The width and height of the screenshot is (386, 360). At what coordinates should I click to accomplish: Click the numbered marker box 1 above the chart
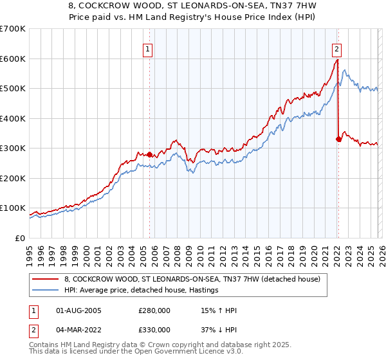148,48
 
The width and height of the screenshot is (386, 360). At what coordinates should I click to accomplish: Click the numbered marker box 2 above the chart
336,48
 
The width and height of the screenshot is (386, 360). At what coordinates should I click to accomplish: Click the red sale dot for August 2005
149,154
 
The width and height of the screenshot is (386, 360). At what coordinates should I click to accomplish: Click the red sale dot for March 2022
338,138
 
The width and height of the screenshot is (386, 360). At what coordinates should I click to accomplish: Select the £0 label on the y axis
20,238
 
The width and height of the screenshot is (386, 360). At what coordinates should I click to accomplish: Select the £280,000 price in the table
154,310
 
